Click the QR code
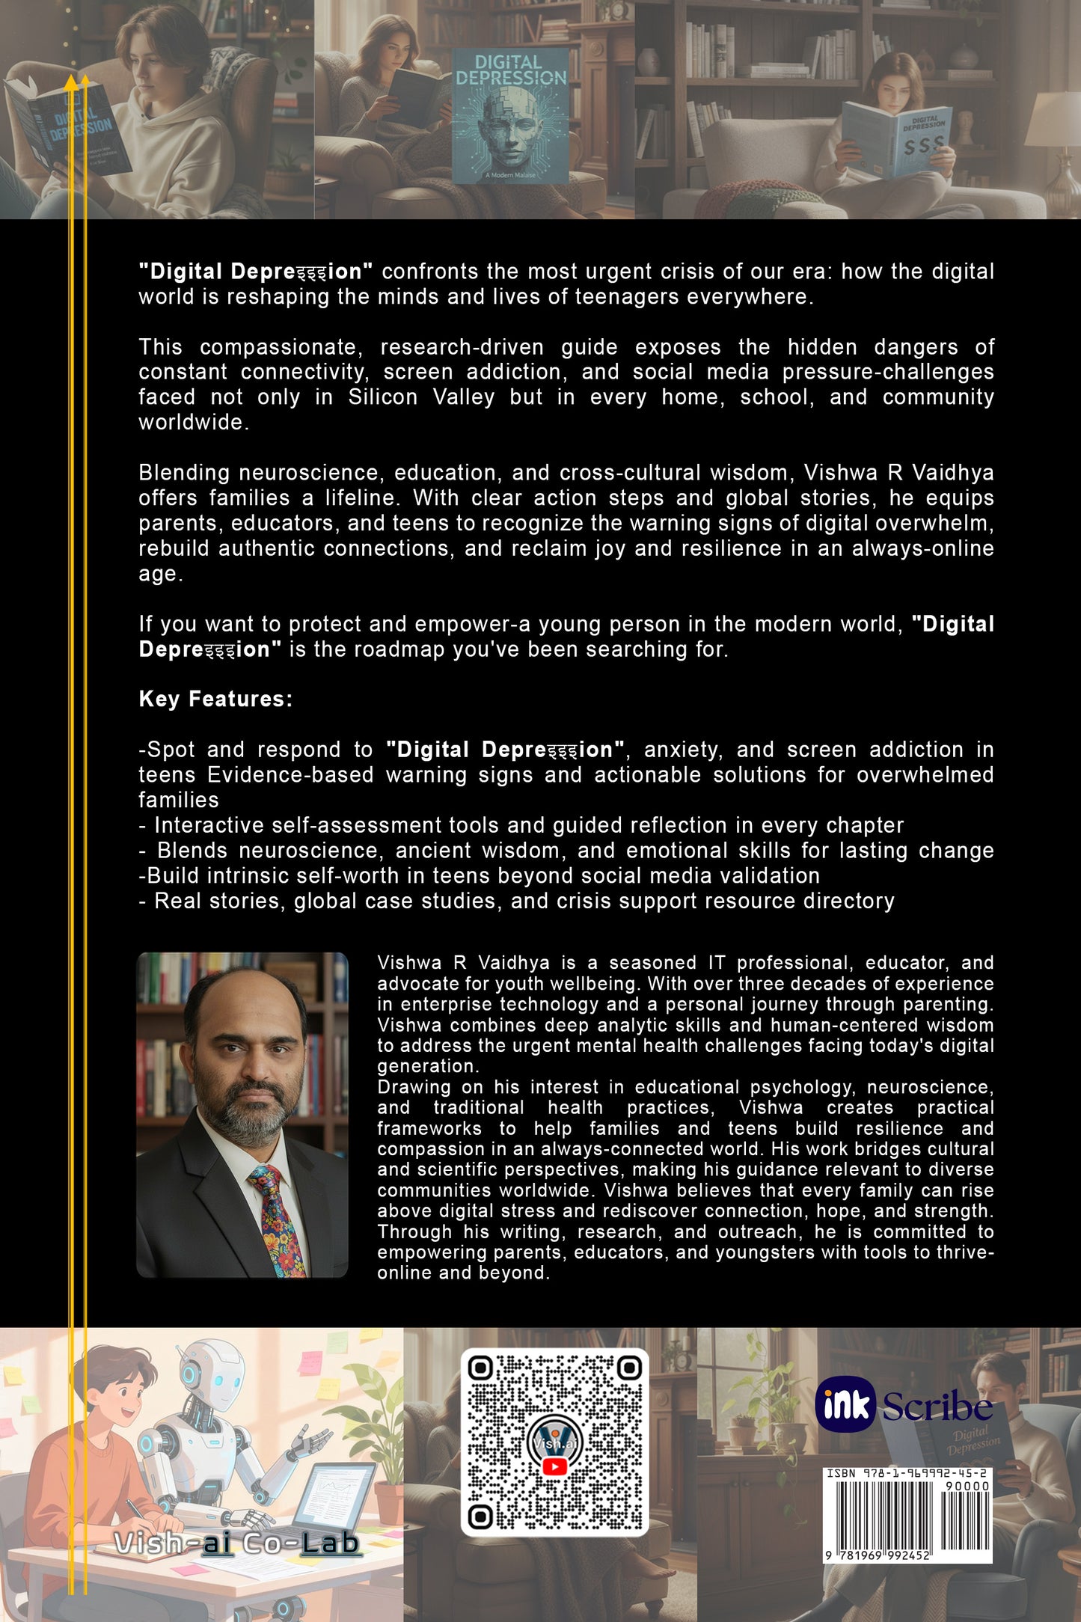click(x=554, y=1442)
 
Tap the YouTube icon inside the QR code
click(x=554, y=1466)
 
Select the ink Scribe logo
click(x=904, y=1405)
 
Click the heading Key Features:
click(x=215, y=699)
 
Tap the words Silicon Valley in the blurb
click(x=421, y=397)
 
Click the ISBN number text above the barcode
click(x=907, y=1472)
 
